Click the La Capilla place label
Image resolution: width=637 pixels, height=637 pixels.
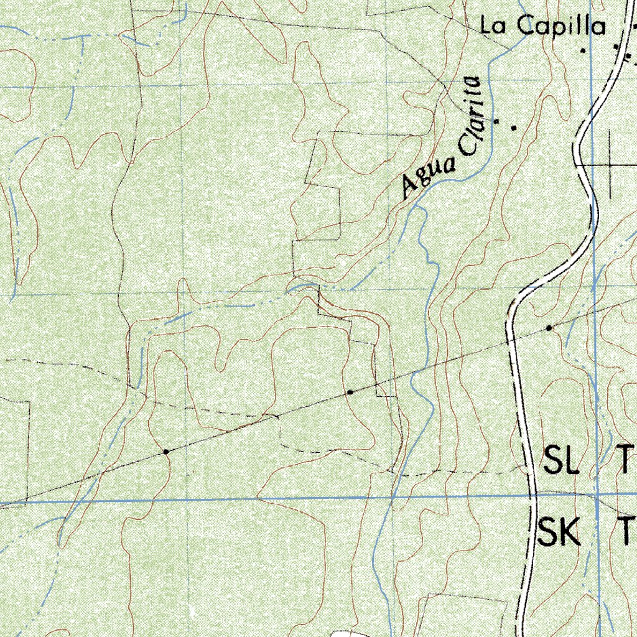point(542,26)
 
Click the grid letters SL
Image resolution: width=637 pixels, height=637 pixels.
point(562,460)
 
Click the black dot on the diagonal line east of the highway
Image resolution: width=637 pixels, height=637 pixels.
point(549,327)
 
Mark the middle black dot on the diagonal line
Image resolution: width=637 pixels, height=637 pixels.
point(350,393)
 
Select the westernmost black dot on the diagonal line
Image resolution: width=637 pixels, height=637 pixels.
point(166,452)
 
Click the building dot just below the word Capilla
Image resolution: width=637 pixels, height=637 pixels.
point(584,50)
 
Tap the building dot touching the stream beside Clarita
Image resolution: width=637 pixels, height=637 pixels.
point(496,121)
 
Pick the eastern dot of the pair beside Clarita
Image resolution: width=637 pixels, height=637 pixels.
point(514,128)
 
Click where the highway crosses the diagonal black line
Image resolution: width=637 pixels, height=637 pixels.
point(511,340)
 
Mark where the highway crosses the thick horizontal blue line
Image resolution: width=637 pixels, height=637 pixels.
point(533,496)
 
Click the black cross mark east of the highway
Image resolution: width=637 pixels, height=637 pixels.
point(611,164)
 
